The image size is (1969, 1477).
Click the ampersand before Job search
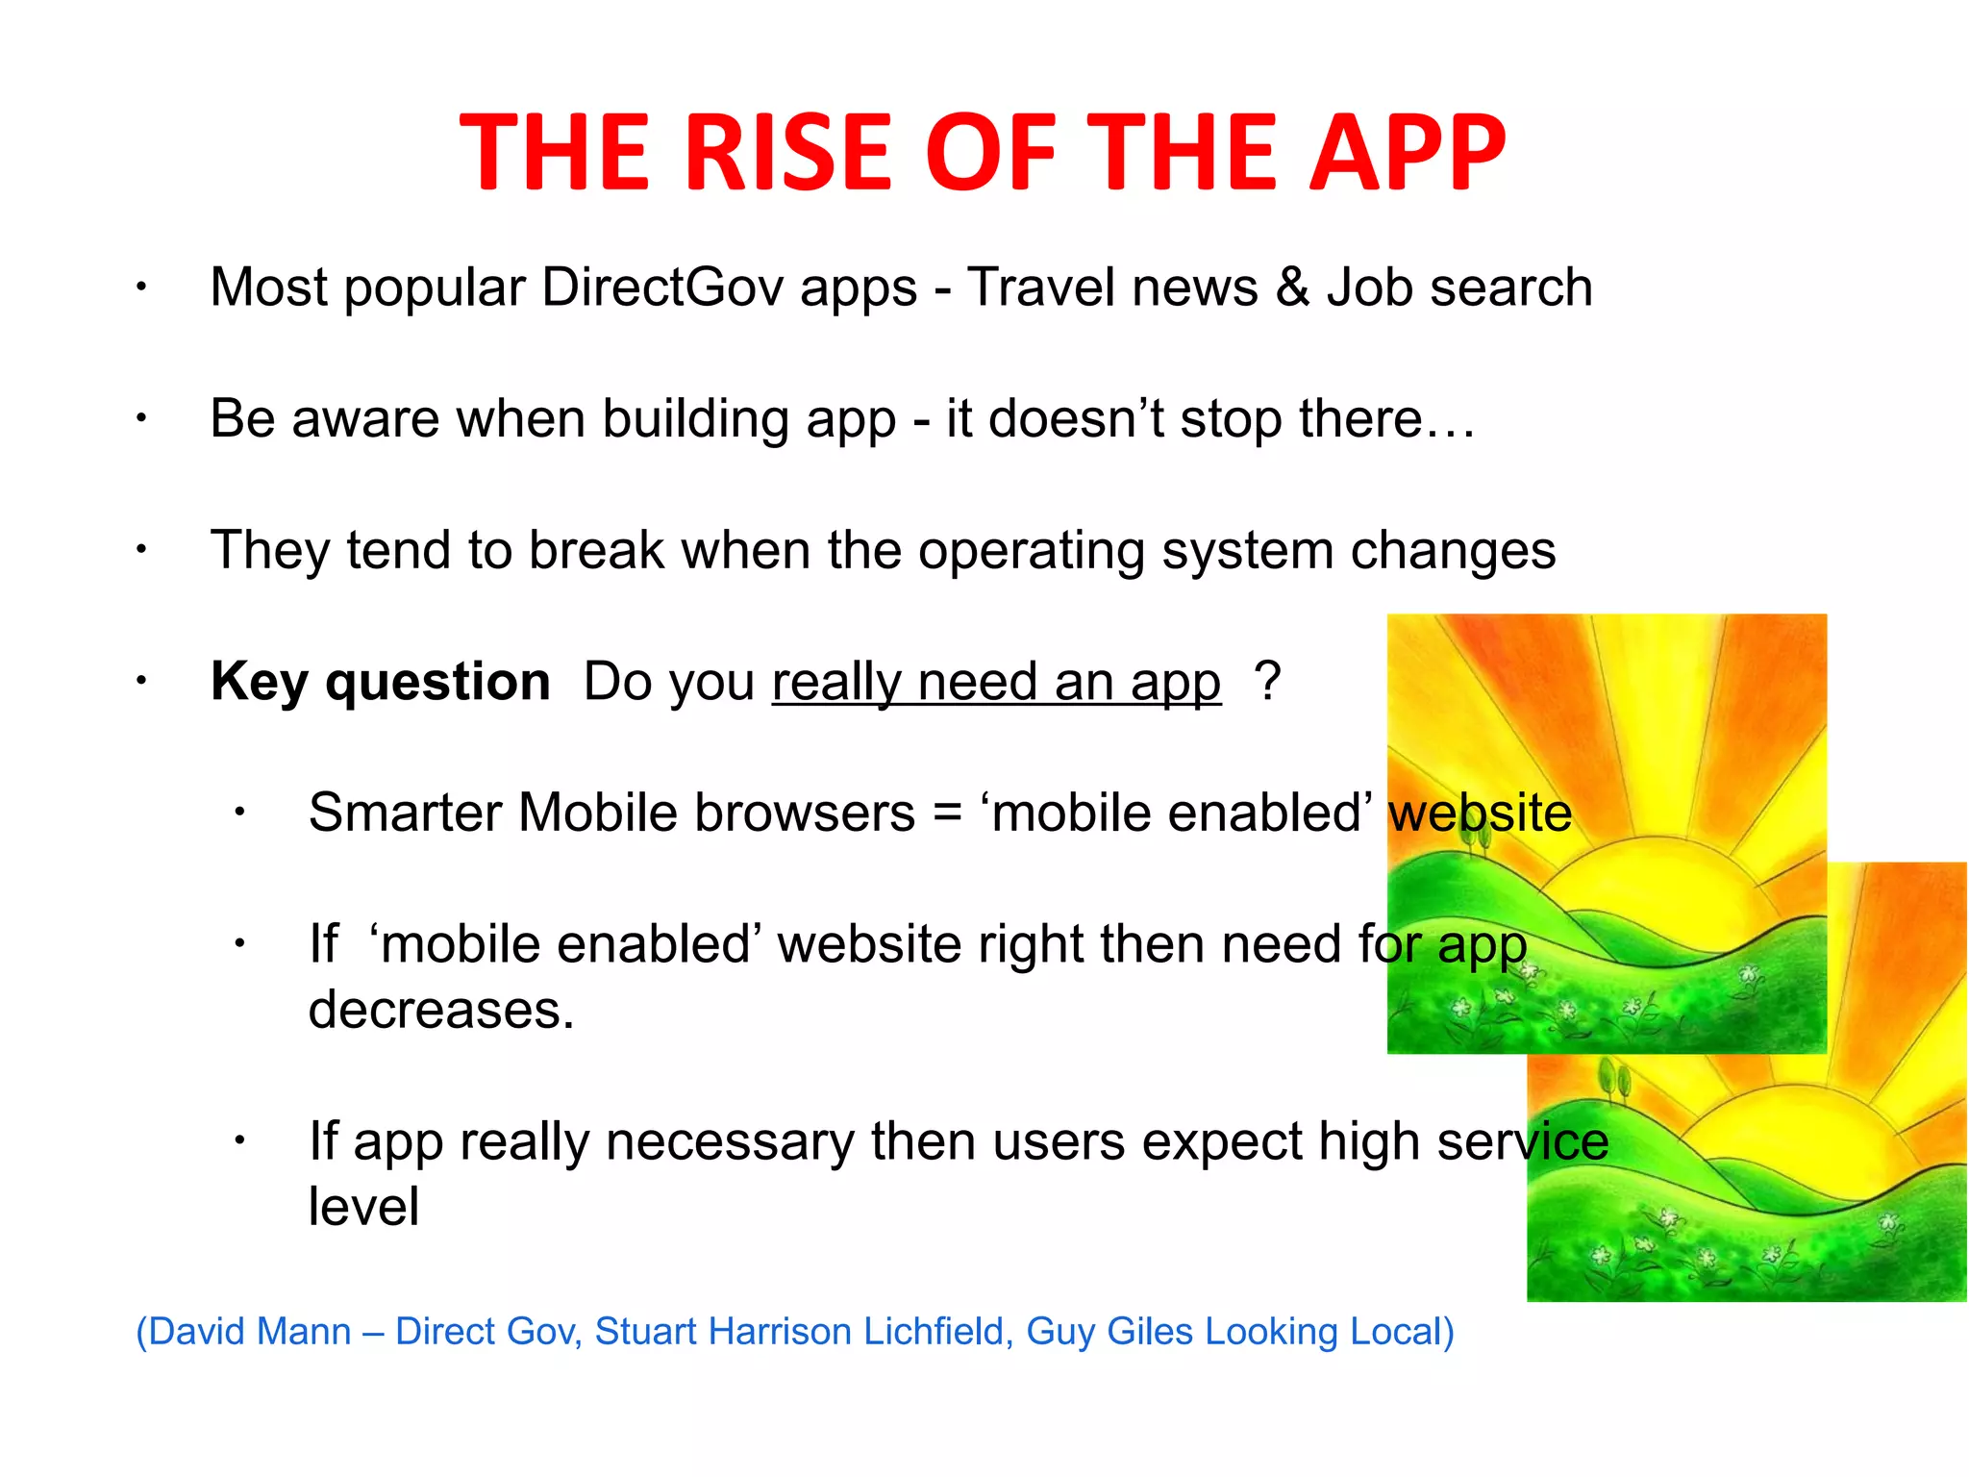pyautogui.click(x=1292, y=287)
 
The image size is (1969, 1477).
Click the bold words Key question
pyautogui.click(x=380, y=682)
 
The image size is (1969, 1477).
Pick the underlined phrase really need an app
pyautogui.click(x=996, y=682)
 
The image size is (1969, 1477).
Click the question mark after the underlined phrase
pyautogui.click(x=1267, y=682)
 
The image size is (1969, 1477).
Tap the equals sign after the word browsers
pyautogui.click(x=947, y=813)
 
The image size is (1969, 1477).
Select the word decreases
pyautogui.click(x=441, y=1010)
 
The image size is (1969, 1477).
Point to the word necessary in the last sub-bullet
pyautogui.click(x=730, y=1141)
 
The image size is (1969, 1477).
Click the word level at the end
pyautogui.click(x=363, y=1207)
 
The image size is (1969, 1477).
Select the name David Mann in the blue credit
pyautogui.click(x=249, y=1332)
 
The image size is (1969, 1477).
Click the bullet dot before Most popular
pyautogui.click(x=140, y=287)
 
